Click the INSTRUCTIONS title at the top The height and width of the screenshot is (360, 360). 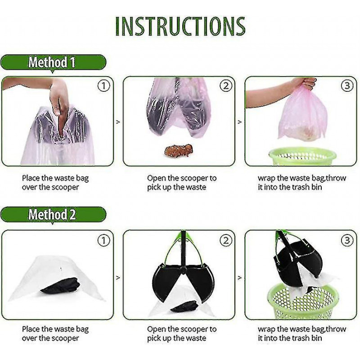tap(180, 26)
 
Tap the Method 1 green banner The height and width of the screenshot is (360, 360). tap(53, 62)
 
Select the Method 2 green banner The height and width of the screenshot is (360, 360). tap(53, 215)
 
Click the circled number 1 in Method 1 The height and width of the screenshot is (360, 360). tap(104, 86)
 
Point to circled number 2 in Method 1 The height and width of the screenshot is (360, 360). tap(226, 86)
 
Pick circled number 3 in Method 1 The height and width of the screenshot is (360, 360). tap(347, 85)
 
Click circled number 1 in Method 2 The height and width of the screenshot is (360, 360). tap(104, 241)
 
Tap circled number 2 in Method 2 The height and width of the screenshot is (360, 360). tap(226, 241)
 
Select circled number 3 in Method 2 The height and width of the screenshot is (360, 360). tap(347, 240)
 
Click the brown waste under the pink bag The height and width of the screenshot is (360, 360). tap(178, 150)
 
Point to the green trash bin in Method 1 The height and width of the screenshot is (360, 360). tap(302, 157)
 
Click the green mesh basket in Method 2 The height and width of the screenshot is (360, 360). tap(303, 301)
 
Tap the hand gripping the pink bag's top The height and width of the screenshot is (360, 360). tap(307, 83)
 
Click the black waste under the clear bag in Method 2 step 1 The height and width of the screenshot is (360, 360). tap(60, 286)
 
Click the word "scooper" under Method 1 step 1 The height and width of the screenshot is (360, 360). tap(65, 187)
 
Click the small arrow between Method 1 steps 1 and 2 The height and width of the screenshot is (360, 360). tap(118, 122)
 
